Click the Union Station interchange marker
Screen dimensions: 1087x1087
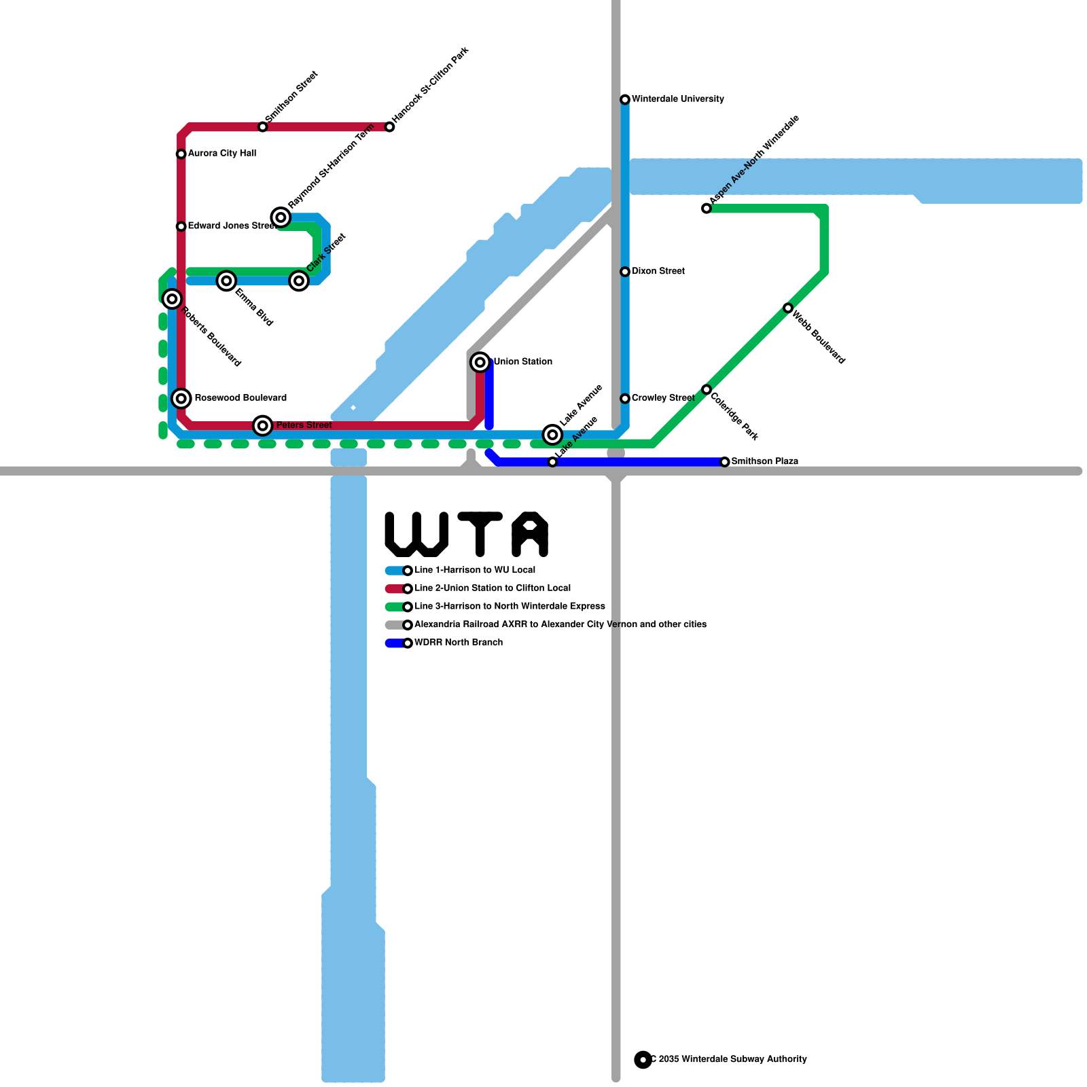coord(480,362)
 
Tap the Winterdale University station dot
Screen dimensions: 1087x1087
coord(625,100)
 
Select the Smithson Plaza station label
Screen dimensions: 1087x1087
coord(764,461)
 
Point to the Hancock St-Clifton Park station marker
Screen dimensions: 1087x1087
coord(389,127)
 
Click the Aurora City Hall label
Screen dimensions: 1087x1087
coord(221,154)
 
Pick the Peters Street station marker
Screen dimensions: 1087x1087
coord(263,425)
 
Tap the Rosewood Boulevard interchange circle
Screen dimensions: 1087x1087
coord(181,398)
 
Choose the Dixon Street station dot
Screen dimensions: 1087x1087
coord(625,272)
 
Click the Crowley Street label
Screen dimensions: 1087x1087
coord(662,398)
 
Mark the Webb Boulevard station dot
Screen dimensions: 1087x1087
coord(788,308)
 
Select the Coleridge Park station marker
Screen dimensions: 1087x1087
coord(707,389)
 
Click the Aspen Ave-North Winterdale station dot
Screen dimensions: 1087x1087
coord(707,209)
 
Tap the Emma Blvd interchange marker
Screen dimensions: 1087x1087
coord(227,281)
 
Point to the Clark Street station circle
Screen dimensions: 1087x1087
coord(299,281)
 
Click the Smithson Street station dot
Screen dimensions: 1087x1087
coord(263,127)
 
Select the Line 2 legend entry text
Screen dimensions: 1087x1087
coord(493,588)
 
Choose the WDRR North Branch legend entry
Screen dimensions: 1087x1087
coord(459,643)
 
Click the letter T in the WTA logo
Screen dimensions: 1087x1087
coord(480,534)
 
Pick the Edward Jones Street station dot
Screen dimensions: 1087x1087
coord(181,226)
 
